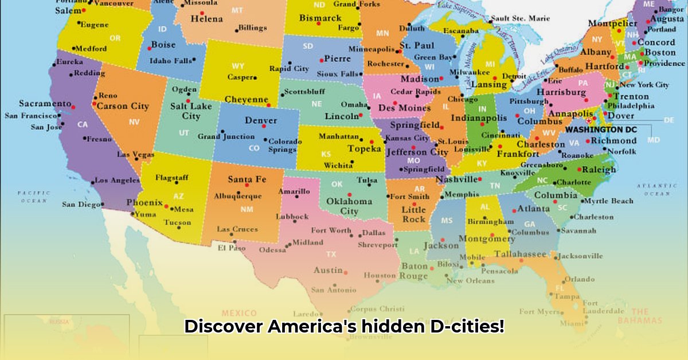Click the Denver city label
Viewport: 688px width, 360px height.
pyautogui.click(x=261, y=121)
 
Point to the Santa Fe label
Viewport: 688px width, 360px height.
pyautogui.click(x=247, y=179)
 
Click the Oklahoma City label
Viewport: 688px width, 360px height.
pyautogui.click(x=349, y=206)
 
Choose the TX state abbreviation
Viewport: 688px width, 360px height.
pyautogui.click(x=331, y=254)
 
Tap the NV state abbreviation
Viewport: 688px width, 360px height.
pyautogui.click(x=134, y=122)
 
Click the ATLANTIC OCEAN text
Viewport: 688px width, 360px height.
pyautogui.click(x=652, y=190)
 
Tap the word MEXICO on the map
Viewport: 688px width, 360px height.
pyautogui.click(x=239, y=313)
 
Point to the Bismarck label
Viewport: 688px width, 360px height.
pyautogui.click(x=320, y=18)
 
